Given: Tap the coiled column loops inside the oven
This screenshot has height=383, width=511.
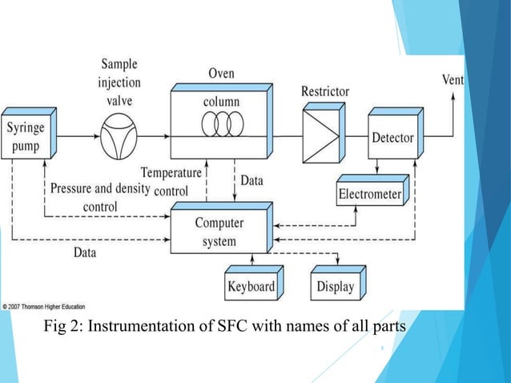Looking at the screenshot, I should coord(222,127).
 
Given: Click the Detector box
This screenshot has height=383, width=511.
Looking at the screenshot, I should coord(392,138).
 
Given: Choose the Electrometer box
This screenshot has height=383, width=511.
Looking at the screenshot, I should coord(370,194).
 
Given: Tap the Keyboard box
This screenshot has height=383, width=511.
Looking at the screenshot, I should coord(251,286).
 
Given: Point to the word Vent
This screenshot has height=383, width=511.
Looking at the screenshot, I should coord(453,80).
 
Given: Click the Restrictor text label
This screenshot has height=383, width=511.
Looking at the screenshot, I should coord(324,91).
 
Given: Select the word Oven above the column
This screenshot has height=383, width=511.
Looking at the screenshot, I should coord(221,74).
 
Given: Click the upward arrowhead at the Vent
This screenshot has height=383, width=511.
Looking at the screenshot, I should coord(453,95).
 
